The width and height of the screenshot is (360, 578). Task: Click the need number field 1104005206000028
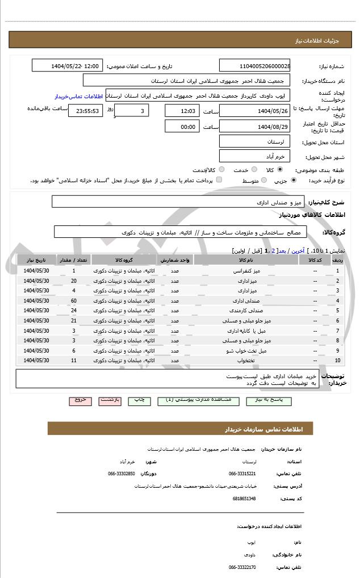click(x=254, y=66)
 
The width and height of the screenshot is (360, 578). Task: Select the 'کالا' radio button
click(x=280, y=169)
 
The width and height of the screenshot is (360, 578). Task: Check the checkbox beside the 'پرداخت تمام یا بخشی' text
click(x=219, y=180)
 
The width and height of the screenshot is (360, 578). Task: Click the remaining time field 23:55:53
click(x=86, y=111)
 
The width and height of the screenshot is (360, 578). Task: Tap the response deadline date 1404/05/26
click(x=254, y=111)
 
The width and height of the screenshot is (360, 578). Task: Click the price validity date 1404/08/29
click(x=254, y=127)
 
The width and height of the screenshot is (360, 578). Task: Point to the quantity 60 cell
click(x=74, y=300)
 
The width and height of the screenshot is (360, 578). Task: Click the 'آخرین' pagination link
click(x=297, y=250)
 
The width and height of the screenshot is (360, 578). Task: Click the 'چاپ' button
click(x=139, y=400)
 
